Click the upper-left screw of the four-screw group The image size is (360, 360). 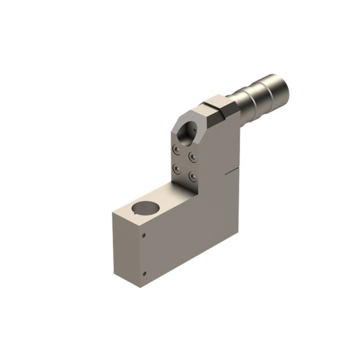(x=176, y=149)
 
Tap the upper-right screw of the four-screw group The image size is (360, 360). (x=192, y=156)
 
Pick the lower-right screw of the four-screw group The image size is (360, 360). (x=192, y=176)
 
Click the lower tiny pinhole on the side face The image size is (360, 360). (x=144, y=273)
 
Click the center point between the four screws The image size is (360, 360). (x=184, y=163)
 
